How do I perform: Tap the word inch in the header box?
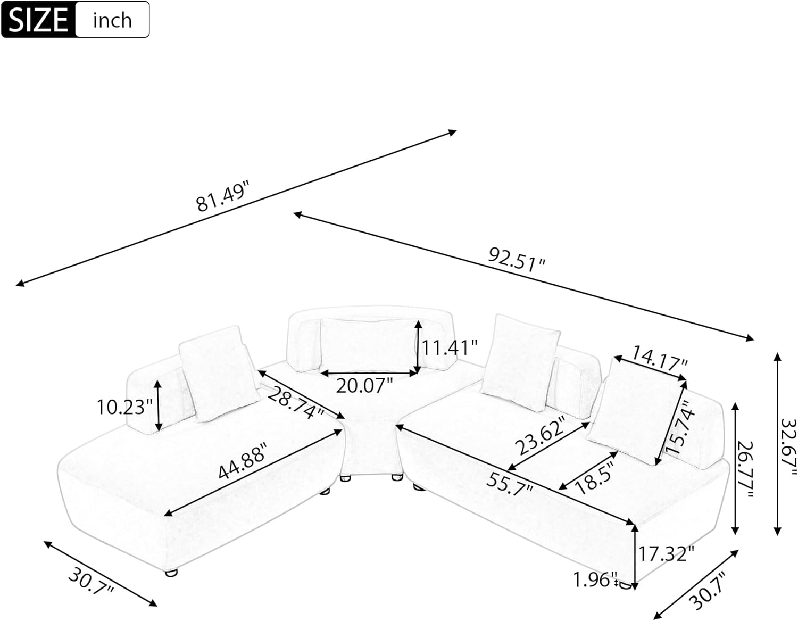[x=112, y=21]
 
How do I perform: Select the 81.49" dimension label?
[x=223, y=197]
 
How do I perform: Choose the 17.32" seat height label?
[x=667, y=554]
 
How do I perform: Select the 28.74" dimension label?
[x=296, y=402]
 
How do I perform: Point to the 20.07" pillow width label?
[x=364, y=385]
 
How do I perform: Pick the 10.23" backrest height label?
[x=121, y=408]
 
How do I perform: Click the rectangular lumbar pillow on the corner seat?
[x=367, y=343]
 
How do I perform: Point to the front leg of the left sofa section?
[x=171, y=573]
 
